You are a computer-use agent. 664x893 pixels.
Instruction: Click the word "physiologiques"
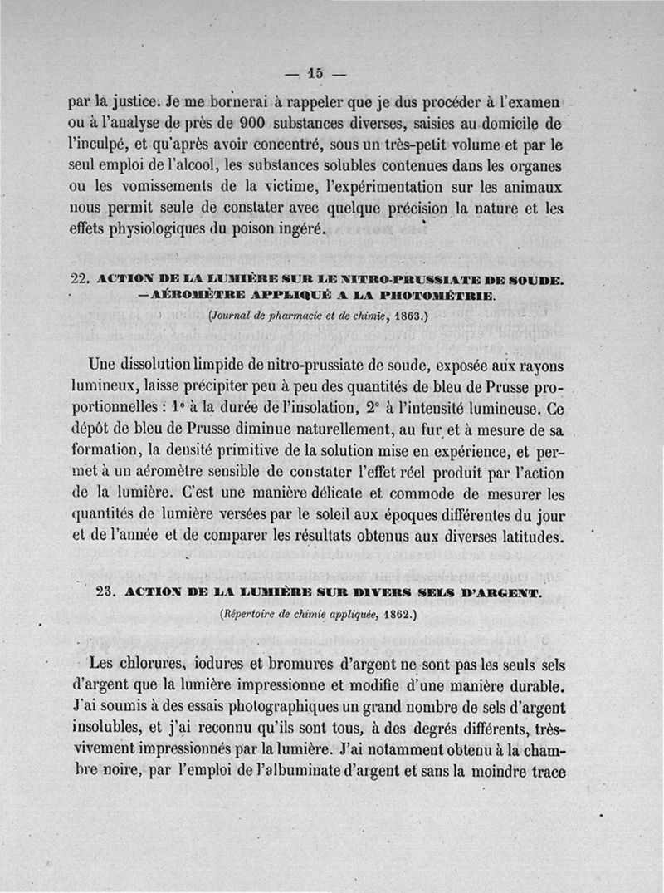(162, 229)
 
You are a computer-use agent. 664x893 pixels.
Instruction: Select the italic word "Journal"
(235, 316)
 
